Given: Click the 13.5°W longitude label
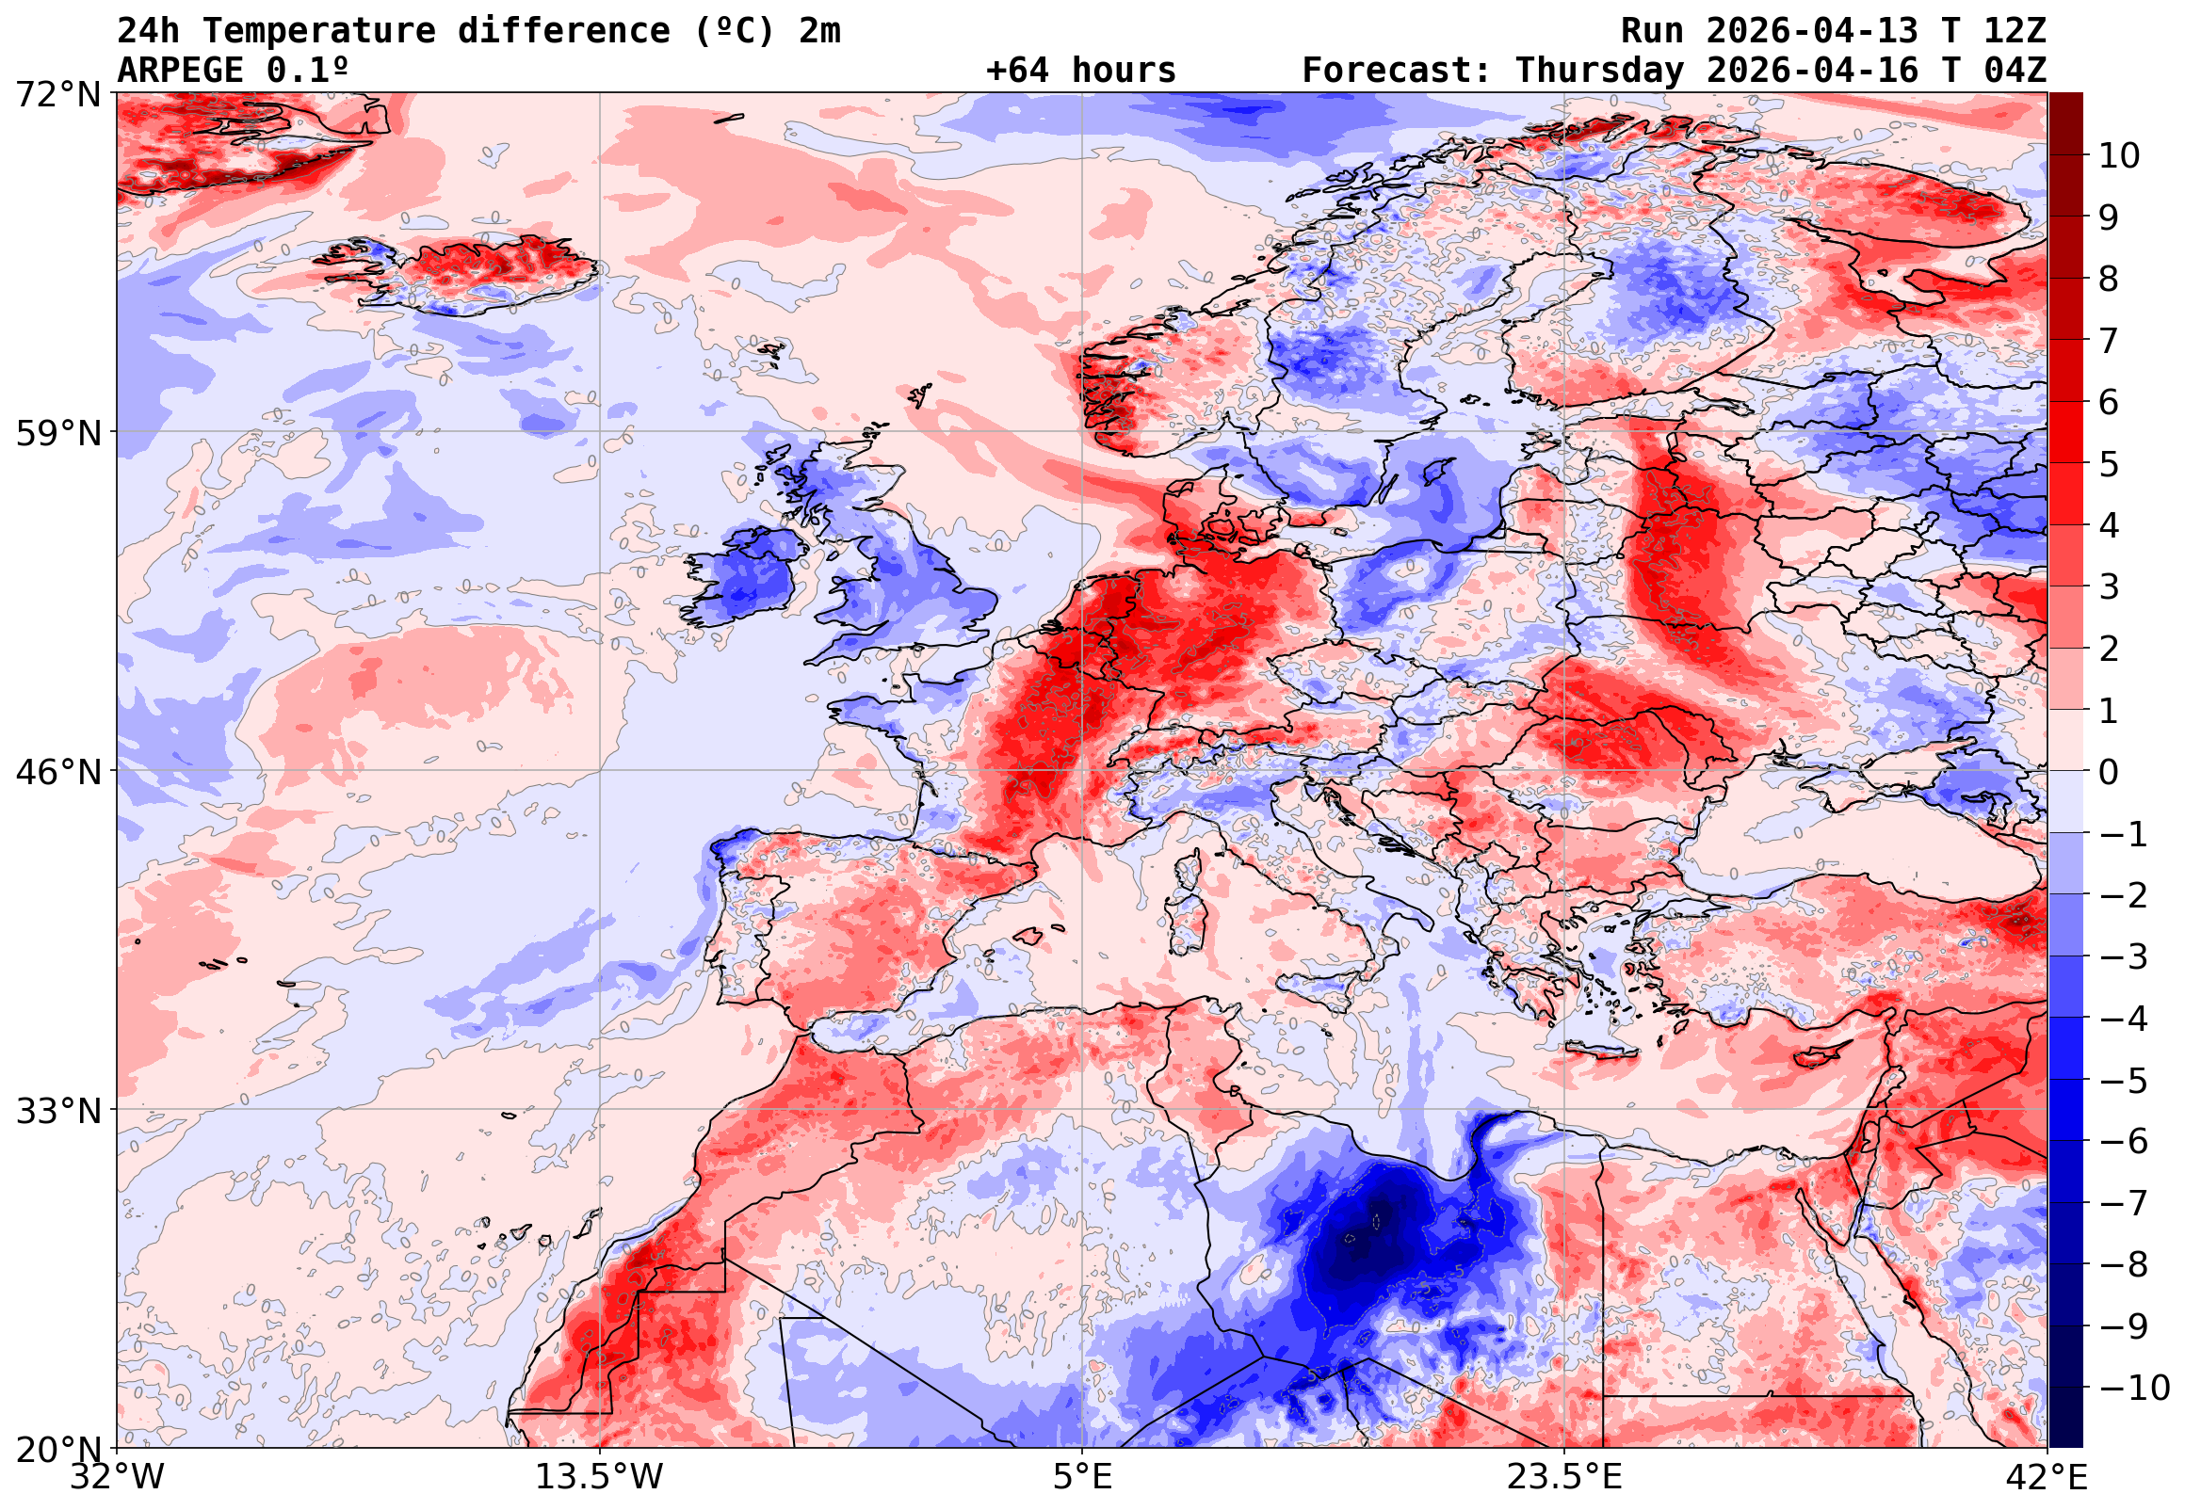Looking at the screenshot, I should [x=600, y=1477].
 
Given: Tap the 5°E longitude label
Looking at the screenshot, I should [x=1082, y=1477].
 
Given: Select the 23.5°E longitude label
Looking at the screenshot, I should [x=1565, y=1477].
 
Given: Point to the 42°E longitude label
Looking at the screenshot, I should [x=2047, y=1477].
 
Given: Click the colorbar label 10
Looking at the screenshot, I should [x=2119, y=156].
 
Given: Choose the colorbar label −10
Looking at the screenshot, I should [x=2135, y=1388].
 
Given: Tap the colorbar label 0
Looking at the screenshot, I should [x=2109, y=772].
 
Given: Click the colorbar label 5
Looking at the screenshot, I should [x=2109, y=464].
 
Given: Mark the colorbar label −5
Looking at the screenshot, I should [x=2124, y=1081].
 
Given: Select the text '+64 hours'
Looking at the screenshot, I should [x=1080, y=71].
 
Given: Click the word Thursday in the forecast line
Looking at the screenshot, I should [x=1599, y=71].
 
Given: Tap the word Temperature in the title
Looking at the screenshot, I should [x=319, y=31].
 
